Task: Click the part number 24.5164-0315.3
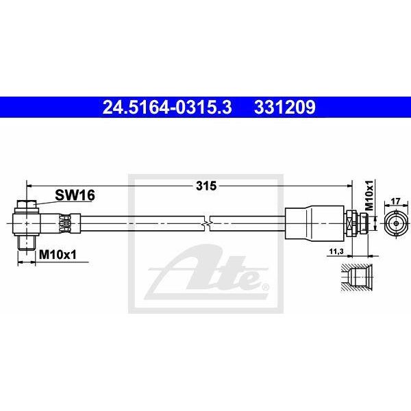click(x=167, y=108)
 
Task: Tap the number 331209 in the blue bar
click(x=285, y=108)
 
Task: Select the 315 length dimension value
click(x=206, y=186)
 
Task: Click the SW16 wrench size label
click(x=75, y=195)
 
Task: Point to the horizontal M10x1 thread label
click(x=58, y=254)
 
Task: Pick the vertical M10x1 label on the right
click(x=369, y=195)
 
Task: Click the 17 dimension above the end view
click(x=395, y=201)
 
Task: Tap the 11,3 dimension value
click(x=336, y=251)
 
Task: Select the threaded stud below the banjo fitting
click(x=26, y=242)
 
